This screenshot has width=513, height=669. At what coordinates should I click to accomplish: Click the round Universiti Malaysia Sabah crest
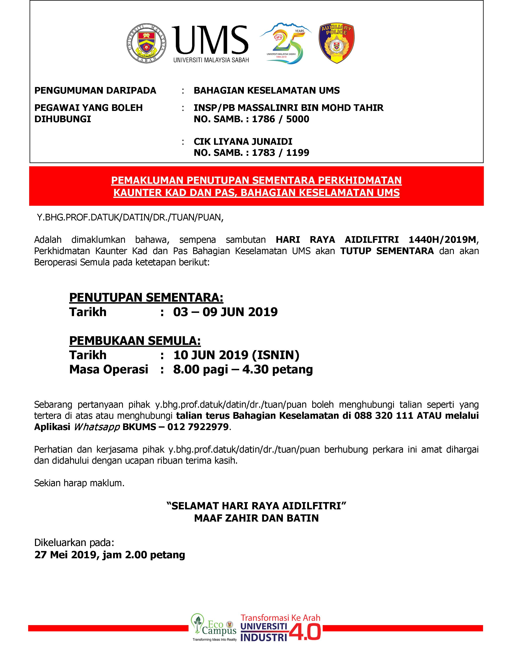[x=147, y=43]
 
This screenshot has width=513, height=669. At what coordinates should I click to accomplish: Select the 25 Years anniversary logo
[x=285, y=43]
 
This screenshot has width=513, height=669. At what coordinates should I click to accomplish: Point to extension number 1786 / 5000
[x=280, y=119]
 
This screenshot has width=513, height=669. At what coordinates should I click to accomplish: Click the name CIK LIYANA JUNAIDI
[x=243, y=142]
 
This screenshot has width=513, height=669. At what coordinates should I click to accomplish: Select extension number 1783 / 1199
[x=280, y=153]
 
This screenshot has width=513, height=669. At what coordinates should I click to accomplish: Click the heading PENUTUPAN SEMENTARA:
[x=146, y=297]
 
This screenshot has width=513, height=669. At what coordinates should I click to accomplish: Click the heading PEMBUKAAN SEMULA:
[x=135, y=340]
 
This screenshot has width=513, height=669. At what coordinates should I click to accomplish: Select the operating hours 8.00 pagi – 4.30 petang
[x=243, y=369]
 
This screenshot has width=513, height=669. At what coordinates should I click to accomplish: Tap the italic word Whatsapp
[x=97, y=427]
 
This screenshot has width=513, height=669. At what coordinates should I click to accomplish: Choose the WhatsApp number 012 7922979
[x=198, y=427]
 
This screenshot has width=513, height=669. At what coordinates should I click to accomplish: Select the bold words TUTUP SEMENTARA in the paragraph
[x=387, y=251]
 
